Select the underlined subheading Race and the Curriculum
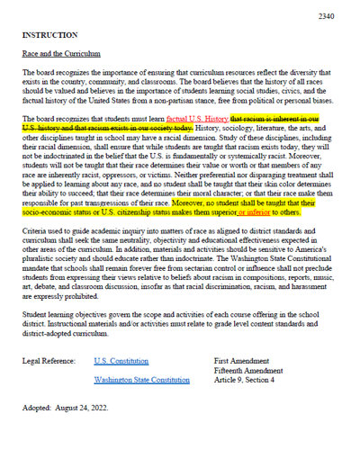(60, 54)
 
